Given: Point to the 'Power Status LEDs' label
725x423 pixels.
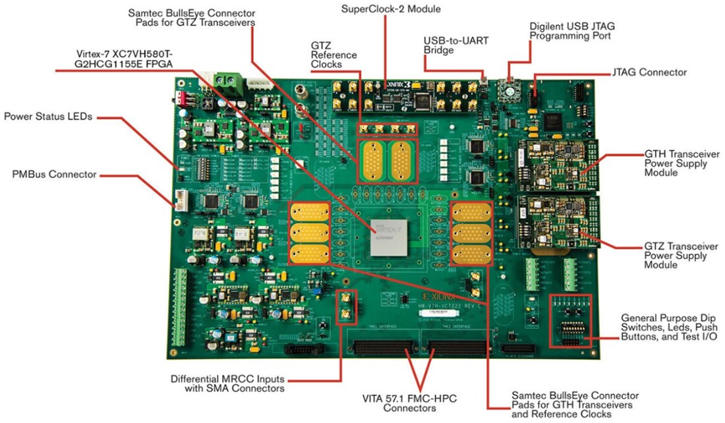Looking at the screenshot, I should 48,117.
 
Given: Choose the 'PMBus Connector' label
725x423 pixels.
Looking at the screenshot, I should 55,175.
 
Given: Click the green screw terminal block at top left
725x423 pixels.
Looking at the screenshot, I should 226,84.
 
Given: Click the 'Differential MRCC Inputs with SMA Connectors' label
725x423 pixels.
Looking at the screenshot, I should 227,384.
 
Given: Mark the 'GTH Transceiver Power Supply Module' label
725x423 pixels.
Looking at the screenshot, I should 679,163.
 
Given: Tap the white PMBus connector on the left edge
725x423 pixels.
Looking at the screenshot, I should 179,199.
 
